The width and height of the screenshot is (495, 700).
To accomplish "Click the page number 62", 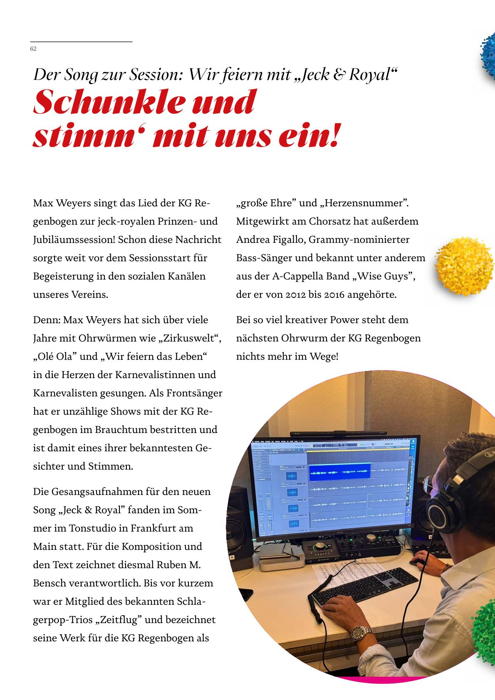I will pos(33,49).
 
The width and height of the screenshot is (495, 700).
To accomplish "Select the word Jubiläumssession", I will pos(74,240).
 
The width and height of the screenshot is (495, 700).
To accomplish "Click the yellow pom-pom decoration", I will pos(464,266).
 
